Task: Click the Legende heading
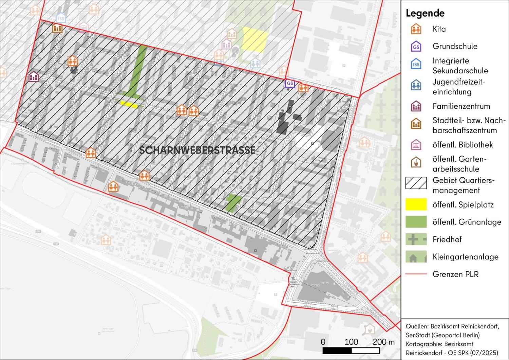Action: pos(425,13)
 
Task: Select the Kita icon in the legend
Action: pos(416,29)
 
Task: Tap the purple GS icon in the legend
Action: pos(416,47)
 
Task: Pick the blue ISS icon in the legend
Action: pos(416,64)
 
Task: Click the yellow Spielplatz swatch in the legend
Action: pos(416,204)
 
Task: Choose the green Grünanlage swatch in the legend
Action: pos(416,222)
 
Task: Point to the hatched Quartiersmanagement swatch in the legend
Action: pos(416,183)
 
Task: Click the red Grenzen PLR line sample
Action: pos(416,274)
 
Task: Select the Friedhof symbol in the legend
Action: pos(416,239)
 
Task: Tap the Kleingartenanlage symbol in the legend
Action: pos(416,257)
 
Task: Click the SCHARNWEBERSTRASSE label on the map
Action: pos(197,150)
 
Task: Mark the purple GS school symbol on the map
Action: pos(290,84)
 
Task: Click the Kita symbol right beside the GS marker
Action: pos(303,88)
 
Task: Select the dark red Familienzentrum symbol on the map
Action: pos(33,77)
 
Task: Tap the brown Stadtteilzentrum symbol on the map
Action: pos(58,28)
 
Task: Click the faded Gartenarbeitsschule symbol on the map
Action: pos(369,329)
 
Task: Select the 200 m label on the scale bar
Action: pos(383,342)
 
